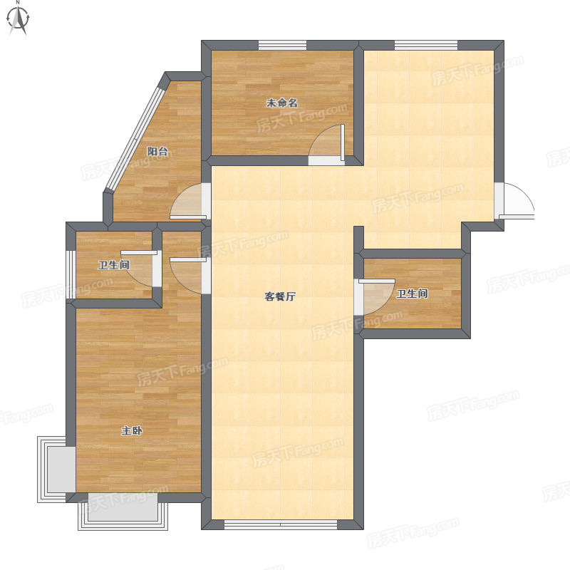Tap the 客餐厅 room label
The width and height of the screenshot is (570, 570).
[279, 296]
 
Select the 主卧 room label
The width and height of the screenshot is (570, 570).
[132, 431]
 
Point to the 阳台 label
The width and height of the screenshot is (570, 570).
[157, 151]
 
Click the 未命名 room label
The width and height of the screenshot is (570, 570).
[282, 103]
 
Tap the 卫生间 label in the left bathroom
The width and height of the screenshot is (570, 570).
[114, 264]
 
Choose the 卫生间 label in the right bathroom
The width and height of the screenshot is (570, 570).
[412, 294]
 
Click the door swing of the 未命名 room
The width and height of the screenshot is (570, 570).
[327, 145]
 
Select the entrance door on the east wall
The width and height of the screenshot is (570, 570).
[514, 201]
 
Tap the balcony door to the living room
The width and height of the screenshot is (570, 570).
[190, 201]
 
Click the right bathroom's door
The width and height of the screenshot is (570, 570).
[375, 296]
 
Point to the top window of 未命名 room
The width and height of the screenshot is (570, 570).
[282, 46]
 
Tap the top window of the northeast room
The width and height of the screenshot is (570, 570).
[426, 46]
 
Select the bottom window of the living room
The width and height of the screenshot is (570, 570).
[281, 524]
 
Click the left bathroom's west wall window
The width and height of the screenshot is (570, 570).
[71, 274]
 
